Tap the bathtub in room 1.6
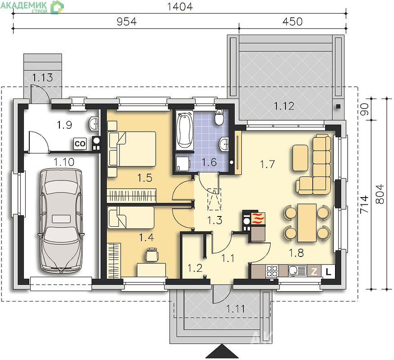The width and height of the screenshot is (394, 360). point(185,130)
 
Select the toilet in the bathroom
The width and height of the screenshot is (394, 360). point(220,117)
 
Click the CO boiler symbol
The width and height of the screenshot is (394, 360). point(80,144)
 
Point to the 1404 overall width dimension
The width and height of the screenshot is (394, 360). point(180,7)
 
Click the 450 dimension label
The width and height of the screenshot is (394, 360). point(293,22)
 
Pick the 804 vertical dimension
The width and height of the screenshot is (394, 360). point(380,194)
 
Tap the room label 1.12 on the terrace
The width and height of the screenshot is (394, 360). point(284,106)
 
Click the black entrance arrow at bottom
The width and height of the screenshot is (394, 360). point(222,351)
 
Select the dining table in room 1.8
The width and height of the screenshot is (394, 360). point(307,223)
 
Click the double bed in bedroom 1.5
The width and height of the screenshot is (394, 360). point(131,148)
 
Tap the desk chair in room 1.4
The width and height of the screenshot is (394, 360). point(152,255)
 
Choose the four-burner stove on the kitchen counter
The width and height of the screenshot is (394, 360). point(272,271)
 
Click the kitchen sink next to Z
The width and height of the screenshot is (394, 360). point(298,271)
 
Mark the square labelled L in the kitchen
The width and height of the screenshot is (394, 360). point(328,271)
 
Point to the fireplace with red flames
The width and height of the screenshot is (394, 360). point(258,218)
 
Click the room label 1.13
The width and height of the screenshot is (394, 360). point(42,77)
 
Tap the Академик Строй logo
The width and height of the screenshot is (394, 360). point(32,7)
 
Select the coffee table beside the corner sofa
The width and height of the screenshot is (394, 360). point(300,158)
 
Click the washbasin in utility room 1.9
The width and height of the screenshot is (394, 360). point(94,123)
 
